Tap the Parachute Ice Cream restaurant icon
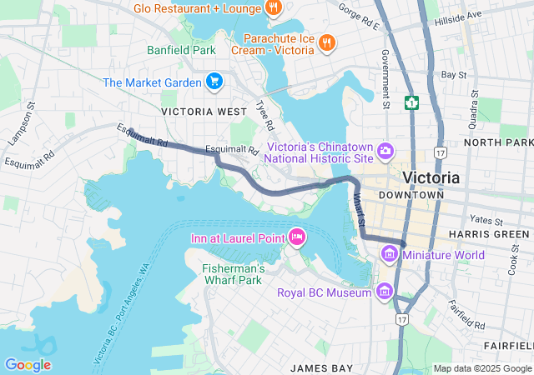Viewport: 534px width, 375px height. click(x=326, y=42)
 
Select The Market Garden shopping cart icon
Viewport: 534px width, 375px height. click(x=214, y=82)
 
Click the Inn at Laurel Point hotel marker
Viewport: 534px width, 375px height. click(x=296, y=238)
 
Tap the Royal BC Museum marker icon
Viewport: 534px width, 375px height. click(x=385, y=292)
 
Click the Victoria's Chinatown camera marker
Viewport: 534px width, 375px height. click(x=385, y=150)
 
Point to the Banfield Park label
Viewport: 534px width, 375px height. click(x=182, y=50)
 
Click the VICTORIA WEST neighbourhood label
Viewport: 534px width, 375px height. click(x=204, y=111)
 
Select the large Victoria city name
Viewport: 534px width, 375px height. click(x=431, y=177)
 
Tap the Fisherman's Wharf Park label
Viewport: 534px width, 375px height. click(x=234, y=275)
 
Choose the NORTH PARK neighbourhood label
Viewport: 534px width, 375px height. click(x=498, y=142)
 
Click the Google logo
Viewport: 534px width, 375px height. click(x=28, y=364)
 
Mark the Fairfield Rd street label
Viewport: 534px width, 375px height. click(x=466, y=314)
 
